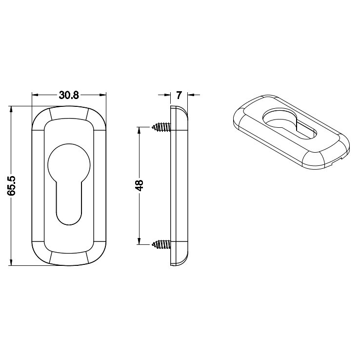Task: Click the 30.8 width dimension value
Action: tap(69, 95)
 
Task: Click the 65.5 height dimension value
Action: tap(11, 186)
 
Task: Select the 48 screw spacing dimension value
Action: tap(139, 185)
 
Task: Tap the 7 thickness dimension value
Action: tap(179, 95)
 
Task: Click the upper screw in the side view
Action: tap(161, 127)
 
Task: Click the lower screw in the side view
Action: tap(161, 244)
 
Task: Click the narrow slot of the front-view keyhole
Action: tap(69, 202)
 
